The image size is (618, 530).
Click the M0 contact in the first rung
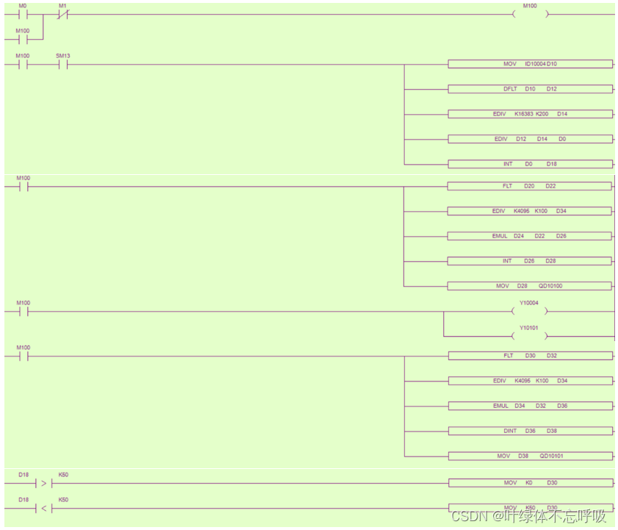[22, 14]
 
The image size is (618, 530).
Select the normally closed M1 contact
[62, 14]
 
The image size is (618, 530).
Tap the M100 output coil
[530, 14]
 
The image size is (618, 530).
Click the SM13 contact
[62, 64]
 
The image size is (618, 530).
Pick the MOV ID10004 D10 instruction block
[530, 64]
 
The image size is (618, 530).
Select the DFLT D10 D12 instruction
[530, 89]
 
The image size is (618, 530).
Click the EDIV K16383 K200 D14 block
[530, 114]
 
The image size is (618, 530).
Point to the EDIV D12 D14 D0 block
[530, 139]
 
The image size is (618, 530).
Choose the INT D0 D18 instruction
[530, 164]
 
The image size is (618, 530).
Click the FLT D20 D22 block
[529, 186]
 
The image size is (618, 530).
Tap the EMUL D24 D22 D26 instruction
[529, 236]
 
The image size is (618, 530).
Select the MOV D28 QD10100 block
[529, 286]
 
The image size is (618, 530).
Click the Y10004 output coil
[530, 311]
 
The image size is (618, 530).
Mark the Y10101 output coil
[530, 336]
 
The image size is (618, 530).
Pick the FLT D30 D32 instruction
[530, 356]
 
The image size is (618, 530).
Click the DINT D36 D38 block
[530, 431]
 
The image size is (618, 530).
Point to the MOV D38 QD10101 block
[530, 456]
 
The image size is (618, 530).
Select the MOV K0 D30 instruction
[530, 483]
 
